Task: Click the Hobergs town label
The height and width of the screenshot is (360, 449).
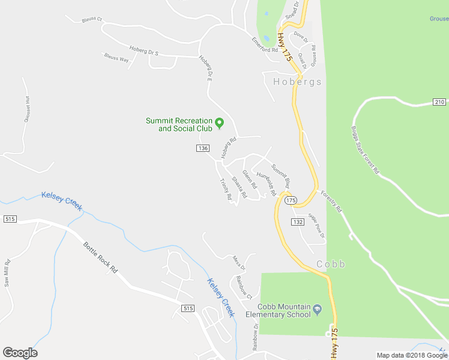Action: [x=297, y=82]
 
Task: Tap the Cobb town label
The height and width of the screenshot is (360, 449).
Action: [x=331, y=265]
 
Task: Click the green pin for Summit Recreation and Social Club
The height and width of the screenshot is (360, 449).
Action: [x=220, y=124]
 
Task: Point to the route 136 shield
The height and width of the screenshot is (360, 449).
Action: [x=203, y=148]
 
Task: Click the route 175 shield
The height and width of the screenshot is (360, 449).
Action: [x=291, y=200]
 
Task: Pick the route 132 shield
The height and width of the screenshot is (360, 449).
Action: [x=297, y=222]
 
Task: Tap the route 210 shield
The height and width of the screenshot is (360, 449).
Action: [x=439, y=102]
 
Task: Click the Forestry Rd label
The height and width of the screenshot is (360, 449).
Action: [x=331, y=202]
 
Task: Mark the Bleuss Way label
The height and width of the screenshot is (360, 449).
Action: [x=116, y=59]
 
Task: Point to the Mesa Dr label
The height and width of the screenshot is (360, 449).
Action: [x=239, y=263]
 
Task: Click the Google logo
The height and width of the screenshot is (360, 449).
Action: [x=20, y=353]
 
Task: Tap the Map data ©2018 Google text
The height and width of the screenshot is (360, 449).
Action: [x=412, y=355]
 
